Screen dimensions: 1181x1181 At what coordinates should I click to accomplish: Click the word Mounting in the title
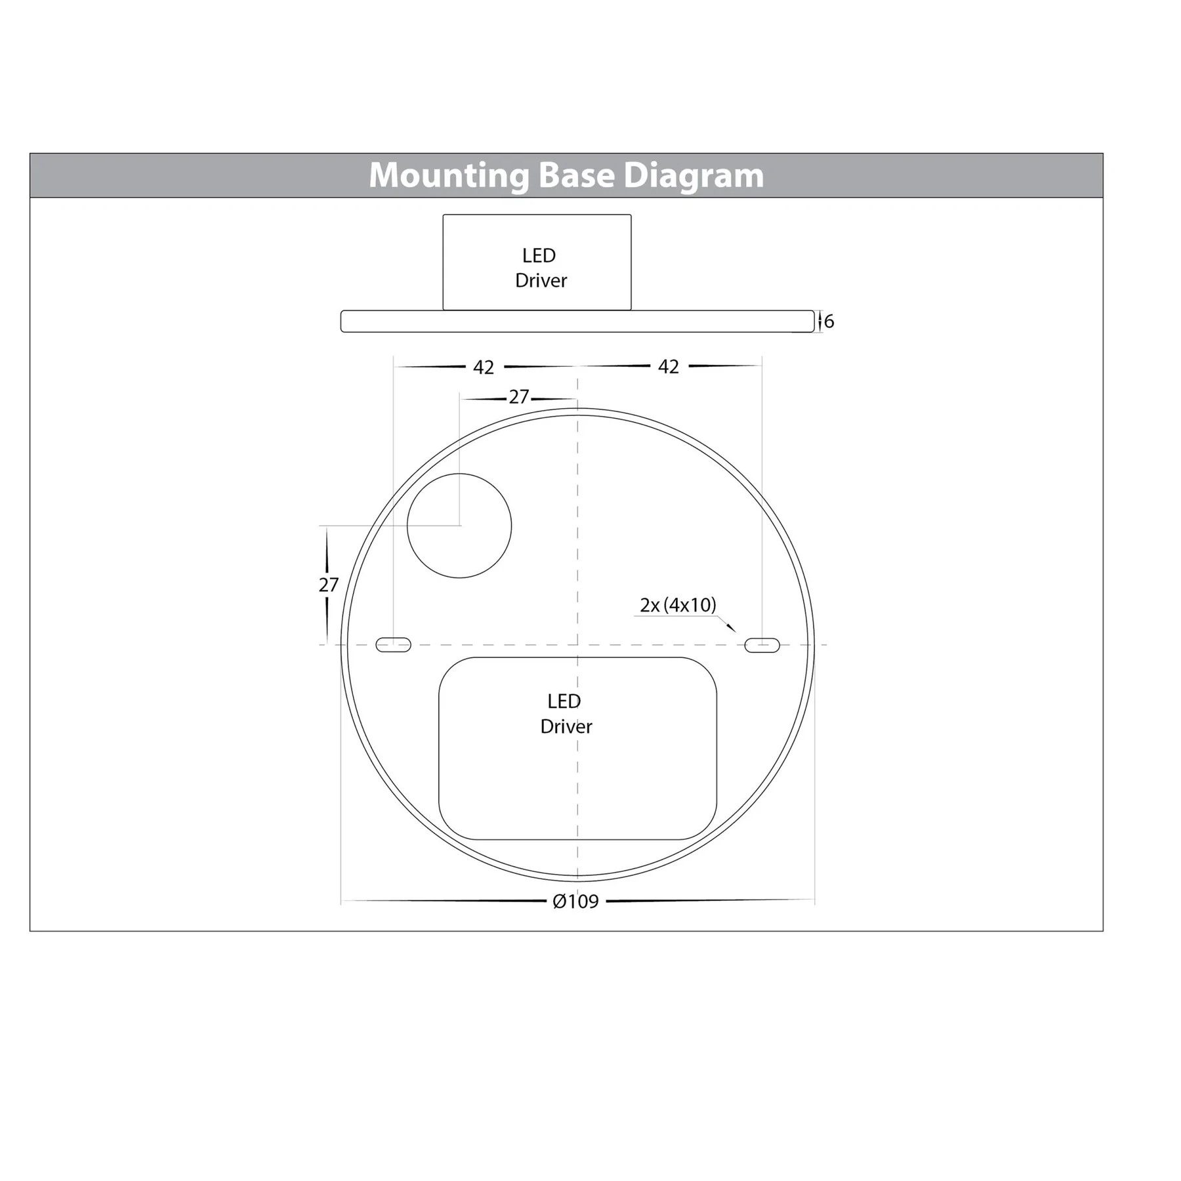[448, 176]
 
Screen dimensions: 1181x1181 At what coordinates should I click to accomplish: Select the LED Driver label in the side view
[540, 268]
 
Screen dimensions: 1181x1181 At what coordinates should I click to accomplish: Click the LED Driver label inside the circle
[566, 714]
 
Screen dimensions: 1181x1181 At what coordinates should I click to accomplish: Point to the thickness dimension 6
[829, 321]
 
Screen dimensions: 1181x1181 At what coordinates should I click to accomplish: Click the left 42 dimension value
[484, 367]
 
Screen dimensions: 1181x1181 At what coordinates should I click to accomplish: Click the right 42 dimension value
[668, 367]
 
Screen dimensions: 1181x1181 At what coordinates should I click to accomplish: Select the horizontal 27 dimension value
[518, 397]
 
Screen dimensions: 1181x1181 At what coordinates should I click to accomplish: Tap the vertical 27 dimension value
[328, 585]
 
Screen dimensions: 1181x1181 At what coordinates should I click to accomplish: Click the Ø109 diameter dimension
[575, 901]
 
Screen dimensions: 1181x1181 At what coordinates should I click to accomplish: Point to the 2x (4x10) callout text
[678, 605]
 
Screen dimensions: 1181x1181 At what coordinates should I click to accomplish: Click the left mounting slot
[393, 645]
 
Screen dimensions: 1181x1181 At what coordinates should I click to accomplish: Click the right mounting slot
[762, 645]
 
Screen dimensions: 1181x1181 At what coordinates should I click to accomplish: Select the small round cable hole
[459, 526]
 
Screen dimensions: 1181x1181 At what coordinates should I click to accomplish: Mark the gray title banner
[197, 176]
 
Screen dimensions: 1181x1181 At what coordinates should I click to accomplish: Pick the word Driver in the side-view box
[541, 281]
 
